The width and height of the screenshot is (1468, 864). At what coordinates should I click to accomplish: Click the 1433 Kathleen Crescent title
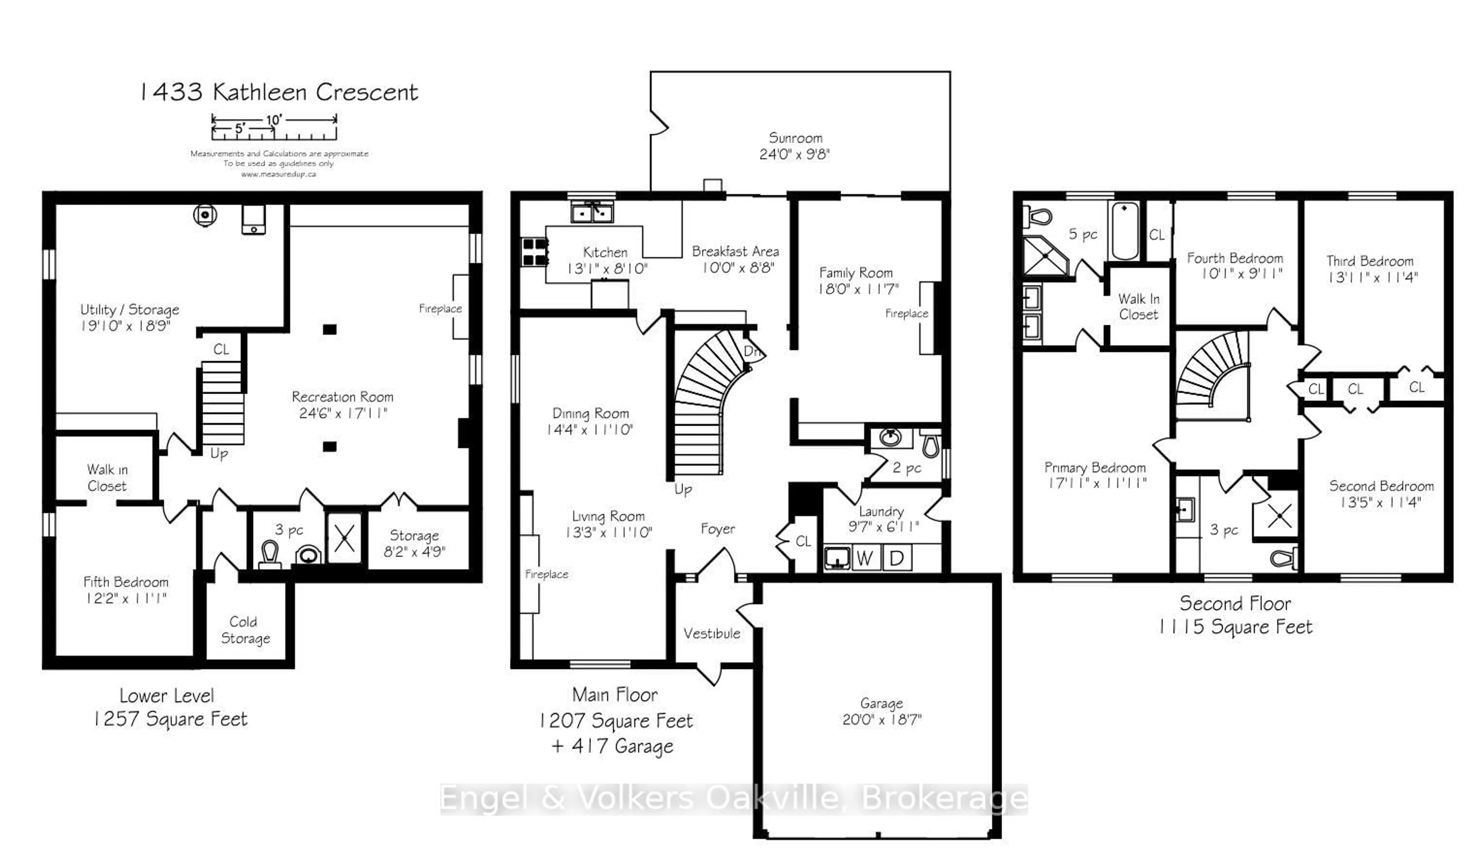click(278, 92)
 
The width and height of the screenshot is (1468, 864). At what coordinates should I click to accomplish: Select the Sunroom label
click(795, 138)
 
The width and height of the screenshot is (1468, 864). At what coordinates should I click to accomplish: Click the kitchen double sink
click(592, 213)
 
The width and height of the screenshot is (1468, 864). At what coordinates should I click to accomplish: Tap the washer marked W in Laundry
click(865, 558)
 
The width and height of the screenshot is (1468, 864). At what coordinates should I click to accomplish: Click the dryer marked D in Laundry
click(896, 558)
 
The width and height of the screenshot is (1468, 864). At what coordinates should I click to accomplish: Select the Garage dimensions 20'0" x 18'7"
click(882, 719)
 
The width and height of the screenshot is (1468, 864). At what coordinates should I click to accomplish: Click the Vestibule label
click(711, 633)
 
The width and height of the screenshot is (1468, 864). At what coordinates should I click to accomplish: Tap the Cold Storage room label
click(245, 630)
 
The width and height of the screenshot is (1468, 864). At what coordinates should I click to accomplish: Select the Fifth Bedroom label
click(126, 581)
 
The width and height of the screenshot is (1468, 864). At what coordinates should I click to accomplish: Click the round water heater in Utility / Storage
click(205, 215)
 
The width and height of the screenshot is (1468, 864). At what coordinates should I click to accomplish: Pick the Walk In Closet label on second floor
click(1138, 307)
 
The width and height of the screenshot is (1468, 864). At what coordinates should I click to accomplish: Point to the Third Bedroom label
click(1369, 261)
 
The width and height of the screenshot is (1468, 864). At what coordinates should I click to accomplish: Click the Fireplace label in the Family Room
click(906, 313)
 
